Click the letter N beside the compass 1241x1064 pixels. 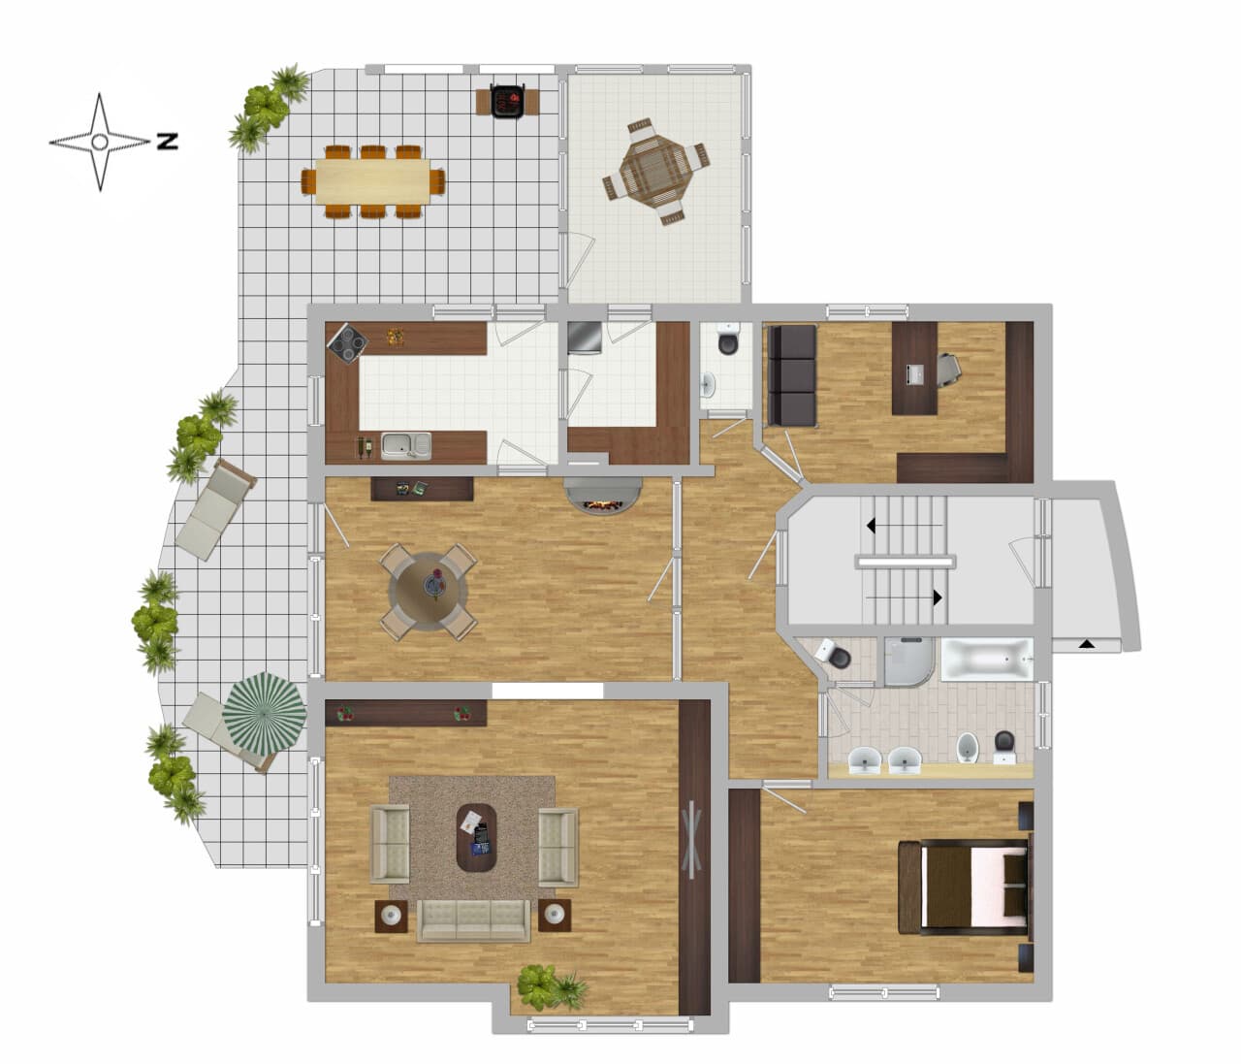[x=168, y=142]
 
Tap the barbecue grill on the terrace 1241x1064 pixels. [x=508, y=101]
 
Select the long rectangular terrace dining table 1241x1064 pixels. [x=373, y=180]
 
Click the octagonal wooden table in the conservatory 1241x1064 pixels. [x=656, y=172]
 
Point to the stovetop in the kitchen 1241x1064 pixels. [x=347, y=343]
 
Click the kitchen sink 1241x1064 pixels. [x=406, y=446]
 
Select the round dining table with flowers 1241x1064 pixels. [x=429, y=592]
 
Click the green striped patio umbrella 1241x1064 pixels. [x=264, y=714]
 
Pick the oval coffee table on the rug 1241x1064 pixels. [x=477, y=838]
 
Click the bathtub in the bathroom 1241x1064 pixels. [x=987, y=660]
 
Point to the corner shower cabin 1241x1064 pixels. [x=908, y=661]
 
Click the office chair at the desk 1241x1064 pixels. [x=948, y=369]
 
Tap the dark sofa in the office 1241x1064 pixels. [x=792, y=375]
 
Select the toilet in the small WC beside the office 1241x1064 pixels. [x=728, y=339]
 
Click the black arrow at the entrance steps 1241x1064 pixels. [x=1086, y=643]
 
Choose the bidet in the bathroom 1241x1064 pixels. [x=968, y=748]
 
